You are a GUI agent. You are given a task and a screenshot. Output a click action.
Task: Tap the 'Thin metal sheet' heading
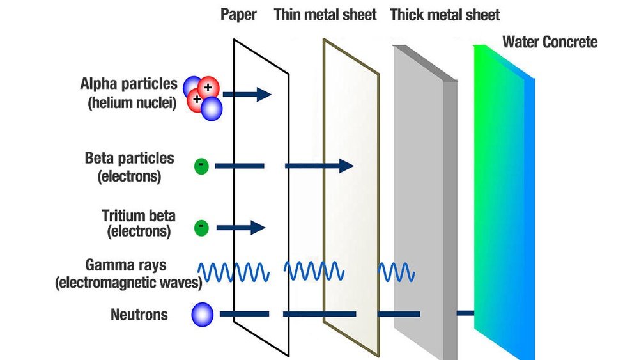(x=325, y=14)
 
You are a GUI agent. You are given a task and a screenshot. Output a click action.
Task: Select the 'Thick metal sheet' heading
(x=445, y=14)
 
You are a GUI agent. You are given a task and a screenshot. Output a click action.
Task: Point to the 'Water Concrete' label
(x=550, y=42)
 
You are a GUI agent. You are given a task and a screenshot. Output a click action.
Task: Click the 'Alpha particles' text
(x=128, y=84)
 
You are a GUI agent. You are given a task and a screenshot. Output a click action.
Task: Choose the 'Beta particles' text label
(x=129, y=158)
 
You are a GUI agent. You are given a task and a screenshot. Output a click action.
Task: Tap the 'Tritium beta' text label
(x=138, y=215)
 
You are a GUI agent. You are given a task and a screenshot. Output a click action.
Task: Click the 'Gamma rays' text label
(x=128, y=265)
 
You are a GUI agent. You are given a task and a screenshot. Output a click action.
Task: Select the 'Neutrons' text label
(x=139, y=315)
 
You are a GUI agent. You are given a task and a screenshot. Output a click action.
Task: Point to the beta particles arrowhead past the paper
(x=346, y=166)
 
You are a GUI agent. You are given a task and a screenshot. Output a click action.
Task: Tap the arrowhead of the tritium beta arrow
(x=257, y=227)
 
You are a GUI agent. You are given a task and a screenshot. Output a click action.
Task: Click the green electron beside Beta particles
(x=201, y=166)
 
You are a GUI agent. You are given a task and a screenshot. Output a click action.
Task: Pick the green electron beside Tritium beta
(x=201, y=226)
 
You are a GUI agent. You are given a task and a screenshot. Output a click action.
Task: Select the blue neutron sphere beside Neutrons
(x=202, y=314)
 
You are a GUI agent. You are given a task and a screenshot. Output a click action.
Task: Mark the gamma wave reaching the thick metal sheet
(x=397, y=272)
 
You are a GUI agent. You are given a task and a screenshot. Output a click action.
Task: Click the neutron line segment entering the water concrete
(x=465, y=313)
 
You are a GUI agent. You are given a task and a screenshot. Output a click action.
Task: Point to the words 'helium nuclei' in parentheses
(x=132, y=102)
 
